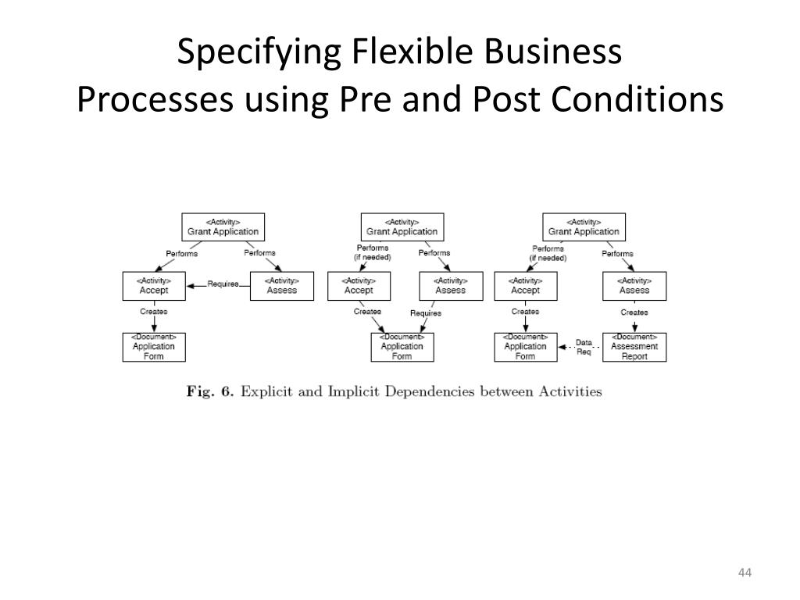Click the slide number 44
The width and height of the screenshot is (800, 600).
point(744,575)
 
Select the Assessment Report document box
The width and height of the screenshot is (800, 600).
point(634,347)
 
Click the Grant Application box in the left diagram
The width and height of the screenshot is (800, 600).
point(223,227)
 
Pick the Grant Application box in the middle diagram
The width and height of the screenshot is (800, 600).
point(402,227)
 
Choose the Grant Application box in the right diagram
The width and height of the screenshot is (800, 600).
point(584,227)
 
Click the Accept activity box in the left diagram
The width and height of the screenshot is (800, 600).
point(154,285)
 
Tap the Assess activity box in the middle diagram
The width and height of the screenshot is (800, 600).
point(451,285)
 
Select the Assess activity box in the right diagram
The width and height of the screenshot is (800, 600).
point(634,285)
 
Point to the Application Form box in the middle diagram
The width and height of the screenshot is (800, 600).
point(402,347)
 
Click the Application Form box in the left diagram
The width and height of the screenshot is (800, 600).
point(154,347)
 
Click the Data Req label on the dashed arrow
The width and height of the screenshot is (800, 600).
point(584,347)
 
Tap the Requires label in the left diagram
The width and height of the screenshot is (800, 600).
point(223,284)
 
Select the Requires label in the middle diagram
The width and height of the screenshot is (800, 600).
point(426,313)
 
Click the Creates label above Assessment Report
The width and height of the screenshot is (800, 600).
point(634,312)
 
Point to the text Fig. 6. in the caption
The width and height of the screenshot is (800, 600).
point(210,391)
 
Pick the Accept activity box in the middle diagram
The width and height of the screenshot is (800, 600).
point(359,285)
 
